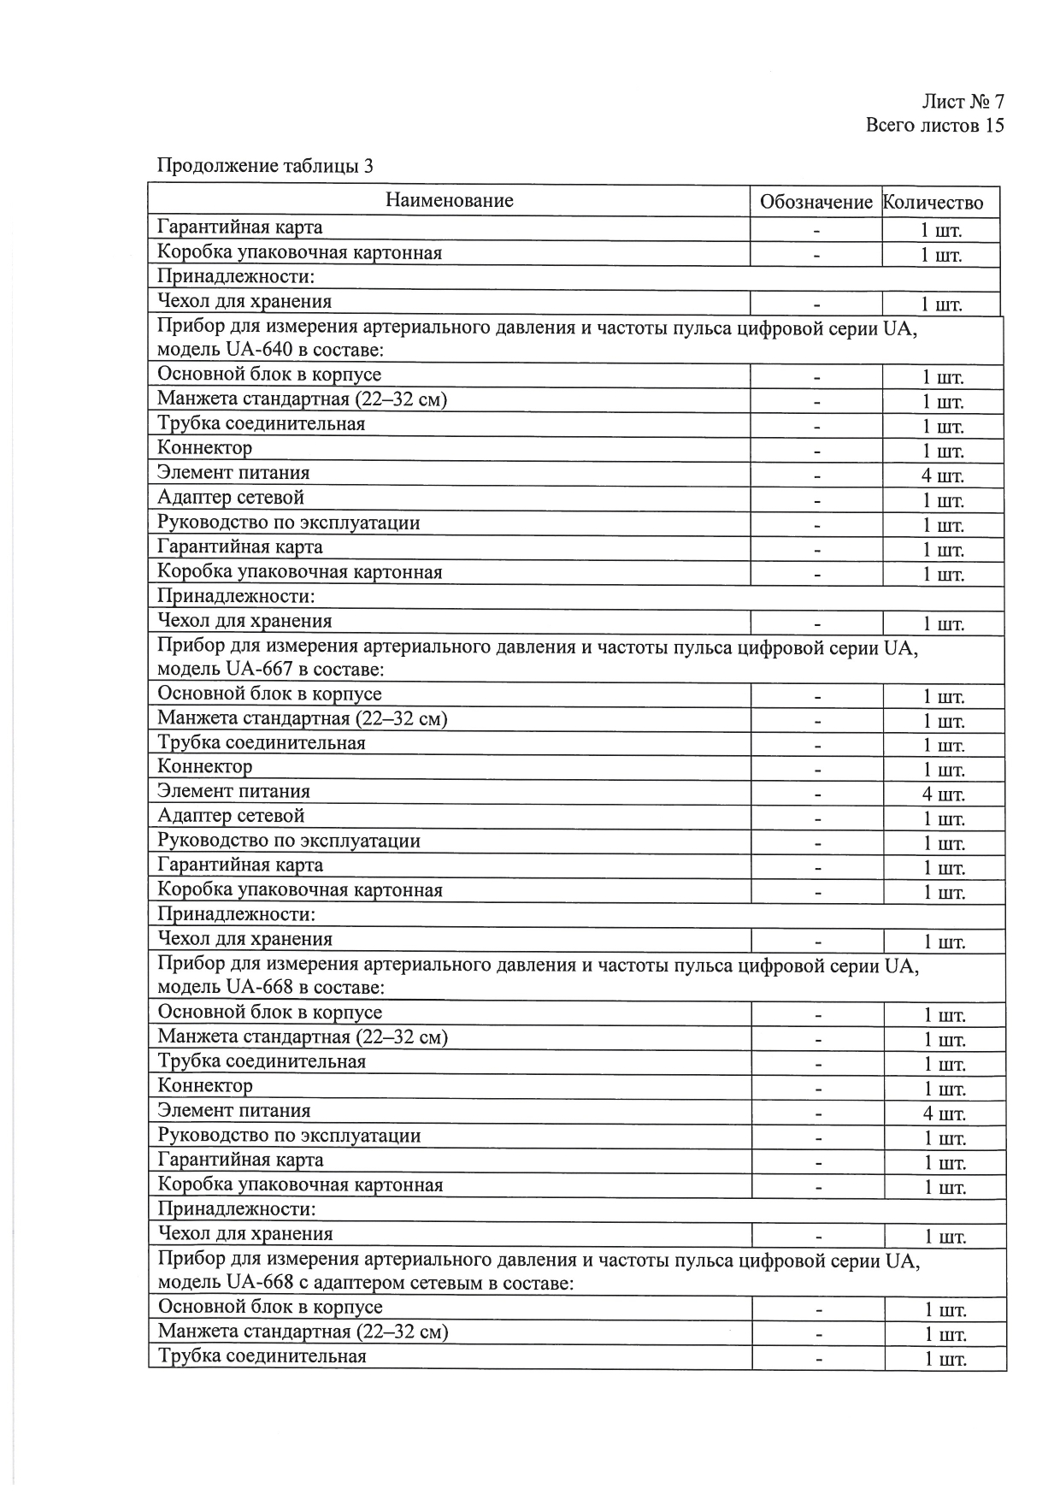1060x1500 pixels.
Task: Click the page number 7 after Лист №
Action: (x=998, y=102)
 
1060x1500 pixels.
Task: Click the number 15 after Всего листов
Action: (x=993, y=126)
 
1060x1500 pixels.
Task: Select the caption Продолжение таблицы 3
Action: (x=265, y=166)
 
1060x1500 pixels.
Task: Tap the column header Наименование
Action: (x=449, y=201)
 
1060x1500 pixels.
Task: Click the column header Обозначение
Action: (x=816, y=203)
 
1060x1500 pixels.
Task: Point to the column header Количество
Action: (x=933, y=203)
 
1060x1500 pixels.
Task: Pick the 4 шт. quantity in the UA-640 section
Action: (x=942, y=476)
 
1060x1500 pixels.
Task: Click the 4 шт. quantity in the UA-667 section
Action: (x=943, y=794)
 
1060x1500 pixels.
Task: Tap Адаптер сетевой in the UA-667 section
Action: (x=231, y=817)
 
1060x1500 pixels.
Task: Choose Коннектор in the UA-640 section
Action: (x=205, y=448)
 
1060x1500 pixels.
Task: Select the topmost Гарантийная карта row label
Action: (x=240, y=227)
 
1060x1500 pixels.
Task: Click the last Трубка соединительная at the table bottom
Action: (x=262, y=1356)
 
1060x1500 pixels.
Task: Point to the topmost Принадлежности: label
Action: (x=236, y=277)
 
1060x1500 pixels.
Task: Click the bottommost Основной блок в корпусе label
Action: (x=270, y=1307)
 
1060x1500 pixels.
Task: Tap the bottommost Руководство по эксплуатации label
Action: (x=290, y=1136)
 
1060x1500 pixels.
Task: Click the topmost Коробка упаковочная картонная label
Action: (x=299, y=252)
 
